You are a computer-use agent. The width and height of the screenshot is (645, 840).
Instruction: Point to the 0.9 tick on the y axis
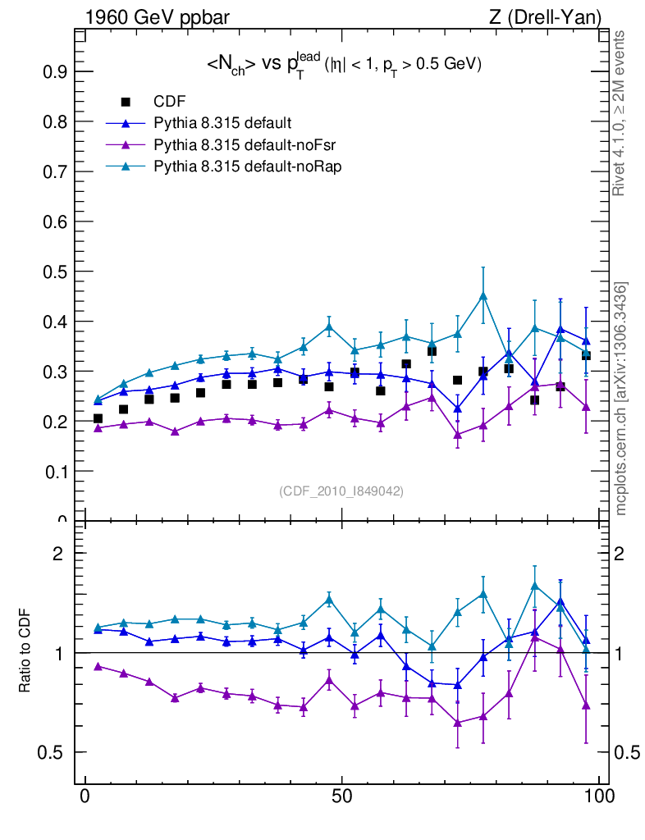coord(57,72)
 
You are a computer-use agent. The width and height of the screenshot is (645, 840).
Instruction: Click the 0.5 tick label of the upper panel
coord(57,272)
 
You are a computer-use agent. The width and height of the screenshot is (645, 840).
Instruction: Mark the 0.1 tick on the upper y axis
coord(57,472)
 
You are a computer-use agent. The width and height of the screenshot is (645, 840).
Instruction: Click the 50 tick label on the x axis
coord(342,797)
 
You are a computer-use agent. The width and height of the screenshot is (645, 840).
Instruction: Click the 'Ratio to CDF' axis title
coord(26,651)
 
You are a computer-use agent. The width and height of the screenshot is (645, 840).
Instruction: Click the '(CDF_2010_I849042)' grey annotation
coord(341,491)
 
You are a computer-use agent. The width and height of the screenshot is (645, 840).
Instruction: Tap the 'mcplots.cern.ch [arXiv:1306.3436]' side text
coord(621,399)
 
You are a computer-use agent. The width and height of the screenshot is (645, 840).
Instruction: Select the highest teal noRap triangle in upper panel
coord(483,296)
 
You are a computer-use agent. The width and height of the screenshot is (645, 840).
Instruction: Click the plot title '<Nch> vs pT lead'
coord(342,66)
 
